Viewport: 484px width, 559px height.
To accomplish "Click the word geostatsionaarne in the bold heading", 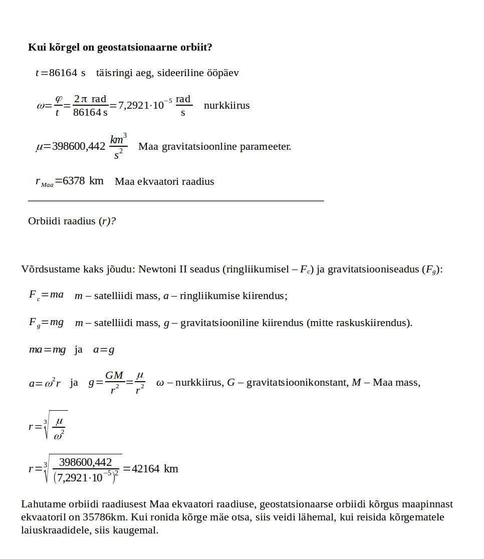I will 133,48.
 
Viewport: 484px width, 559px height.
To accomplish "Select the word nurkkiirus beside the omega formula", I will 226,106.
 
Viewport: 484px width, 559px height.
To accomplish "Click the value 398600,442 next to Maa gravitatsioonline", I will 79,147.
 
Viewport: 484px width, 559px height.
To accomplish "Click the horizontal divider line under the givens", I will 176,201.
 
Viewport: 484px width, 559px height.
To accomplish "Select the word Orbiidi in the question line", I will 44,221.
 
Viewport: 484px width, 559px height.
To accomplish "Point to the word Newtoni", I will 156,269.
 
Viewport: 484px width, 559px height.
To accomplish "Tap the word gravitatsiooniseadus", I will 373,269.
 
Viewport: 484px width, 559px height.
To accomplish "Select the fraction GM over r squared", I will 114,383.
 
